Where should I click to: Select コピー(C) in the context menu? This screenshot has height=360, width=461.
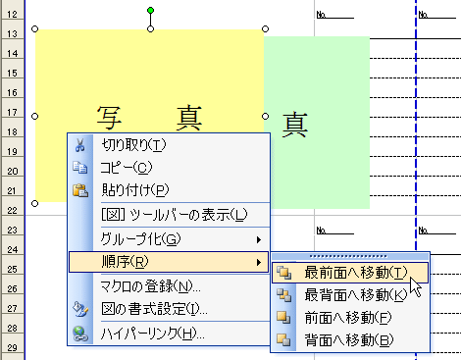point(127,168)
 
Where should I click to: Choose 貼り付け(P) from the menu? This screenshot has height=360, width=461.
point(135,190)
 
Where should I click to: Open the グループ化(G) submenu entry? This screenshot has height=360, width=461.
point(141,238)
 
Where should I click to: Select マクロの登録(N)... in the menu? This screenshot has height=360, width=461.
point(151,286)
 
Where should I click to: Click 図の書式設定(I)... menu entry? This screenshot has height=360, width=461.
point(154,309)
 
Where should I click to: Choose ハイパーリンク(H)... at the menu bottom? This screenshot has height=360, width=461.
point(152,333)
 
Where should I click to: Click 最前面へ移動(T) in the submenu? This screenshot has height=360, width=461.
point(354,272)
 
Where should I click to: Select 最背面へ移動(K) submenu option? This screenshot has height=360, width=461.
point(354,294)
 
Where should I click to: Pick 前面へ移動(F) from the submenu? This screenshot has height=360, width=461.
point(348,317)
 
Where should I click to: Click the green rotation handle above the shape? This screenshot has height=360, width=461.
point(150,11)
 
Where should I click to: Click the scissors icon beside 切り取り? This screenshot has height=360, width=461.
point(81,145)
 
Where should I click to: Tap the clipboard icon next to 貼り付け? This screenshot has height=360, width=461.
point(81,190)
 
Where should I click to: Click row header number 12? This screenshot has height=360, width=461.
point(13,12)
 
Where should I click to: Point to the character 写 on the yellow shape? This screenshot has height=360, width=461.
point(109,117)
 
